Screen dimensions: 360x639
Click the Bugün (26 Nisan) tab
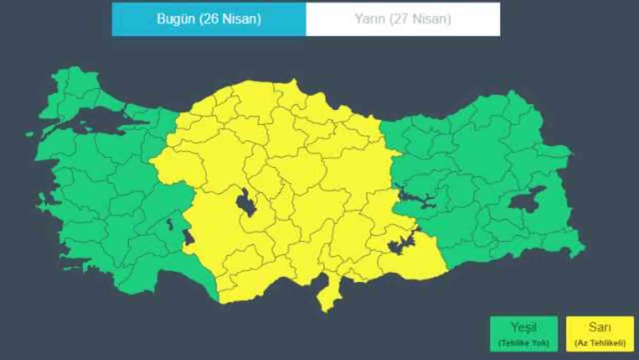tap(209, 20)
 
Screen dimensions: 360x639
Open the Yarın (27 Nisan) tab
tap(403, 20)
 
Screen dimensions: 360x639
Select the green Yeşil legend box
tap(524, 334)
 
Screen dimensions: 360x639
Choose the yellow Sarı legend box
tap(599, 334)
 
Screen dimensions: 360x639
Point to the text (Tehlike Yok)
tap(524, 343)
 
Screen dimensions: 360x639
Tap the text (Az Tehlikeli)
tap(599, 343)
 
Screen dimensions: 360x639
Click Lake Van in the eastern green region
tap(526, 200)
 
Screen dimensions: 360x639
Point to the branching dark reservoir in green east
tap(416, 198)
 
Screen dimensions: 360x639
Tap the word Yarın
tap(370, 20)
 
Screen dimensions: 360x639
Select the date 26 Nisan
tap(227, 20)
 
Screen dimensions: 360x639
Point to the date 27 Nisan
tap(420, 20)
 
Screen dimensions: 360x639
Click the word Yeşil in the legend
tap(524, 327)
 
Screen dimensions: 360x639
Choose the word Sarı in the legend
tap(599, 327)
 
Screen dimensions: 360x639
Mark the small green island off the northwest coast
tap(30, 135)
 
